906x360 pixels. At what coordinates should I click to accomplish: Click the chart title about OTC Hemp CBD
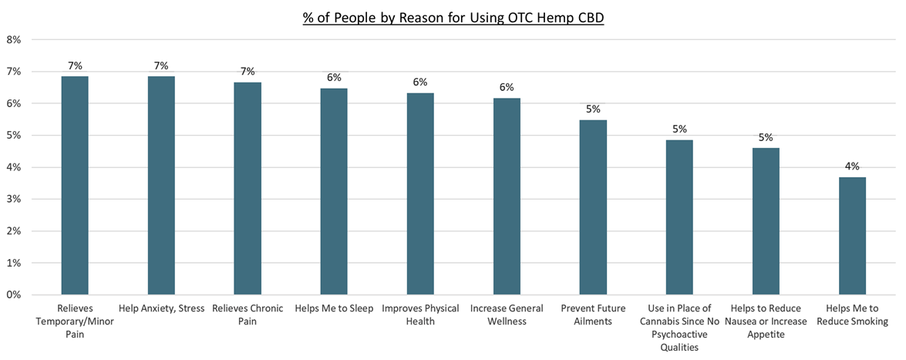click(453, 17)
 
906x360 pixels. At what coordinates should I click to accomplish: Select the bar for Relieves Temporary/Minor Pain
click(75, 185)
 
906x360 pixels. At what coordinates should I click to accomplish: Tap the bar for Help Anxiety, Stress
click(161, 185)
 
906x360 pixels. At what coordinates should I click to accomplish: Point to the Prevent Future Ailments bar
click(593, 207)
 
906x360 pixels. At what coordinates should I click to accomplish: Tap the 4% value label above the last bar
click(852, 166)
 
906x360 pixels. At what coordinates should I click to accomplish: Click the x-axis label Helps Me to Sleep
click(334, 308)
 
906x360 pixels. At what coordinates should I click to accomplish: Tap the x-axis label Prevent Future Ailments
click(593, 315)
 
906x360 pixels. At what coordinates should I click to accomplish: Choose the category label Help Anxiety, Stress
click(161, 308)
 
